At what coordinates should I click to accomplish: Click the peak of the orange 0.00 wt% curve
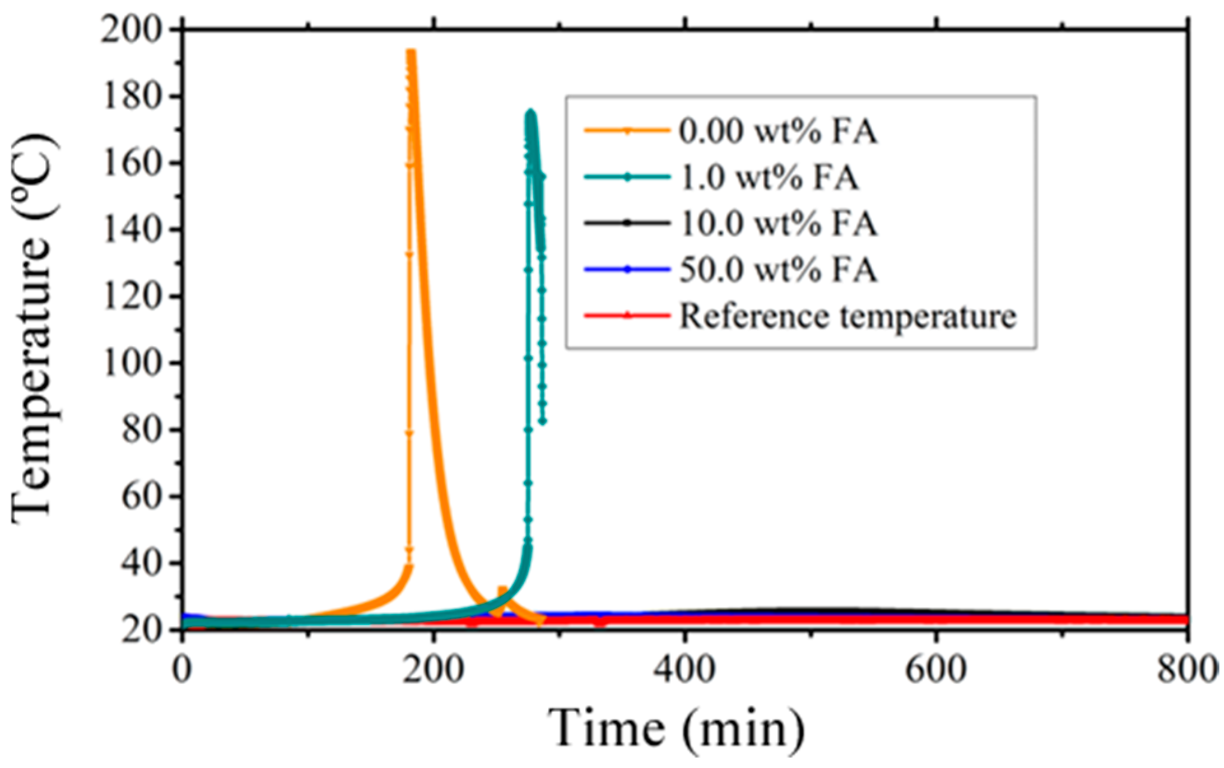[x=411, y=52]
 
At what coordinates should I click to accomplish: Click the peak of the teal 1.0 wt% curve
[x=531, y=113]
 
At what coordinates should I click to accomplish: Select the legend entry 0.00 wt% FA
[x=777, y=132]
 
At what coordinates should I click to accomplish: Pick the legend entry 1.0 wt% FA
[x=769, y=178]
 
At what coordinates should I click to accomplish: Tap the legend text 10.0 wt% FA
[x=778, y=224]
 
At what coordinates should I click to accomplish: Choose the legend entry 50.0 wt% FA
[x=778, y=270]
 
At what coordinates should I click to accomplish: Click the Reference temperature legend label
[x=847, y=316]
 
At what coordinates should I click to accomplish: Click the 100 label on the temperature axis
[x=130, y=363]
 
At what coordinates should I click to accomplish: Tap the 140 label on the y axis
[x=130, y=230]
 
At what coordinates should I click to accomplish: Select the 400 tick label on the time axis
[x=686, y=670]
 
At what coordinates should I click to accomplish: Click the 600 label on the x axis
[x=936, y=670]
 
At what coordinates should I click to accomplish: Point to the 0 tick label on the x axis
[x=183, y=670]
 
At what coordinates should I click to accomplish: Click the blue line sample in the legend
[x=627, y=270]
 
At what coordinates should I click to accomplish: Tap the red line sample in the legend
[x=627, y=316]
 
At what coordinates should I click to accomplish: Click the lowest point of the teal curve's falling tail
[x=542, y=421]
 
